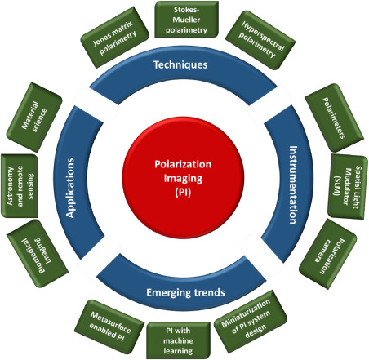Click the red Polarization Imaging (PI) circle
point(183,178)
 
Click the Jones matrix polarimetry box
point(115,38)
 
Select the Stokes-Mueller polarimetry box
point(186,20)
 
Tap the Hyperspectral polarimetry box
point(260,40)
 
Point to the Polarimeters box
point(334,118)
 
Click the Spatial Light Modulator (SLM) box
point(348,187)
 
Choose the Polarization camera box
point(328,254)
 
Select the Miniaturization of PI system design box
point(251,322)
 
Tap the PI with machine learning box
point(178,340)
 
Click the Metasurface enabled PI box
point(109,327)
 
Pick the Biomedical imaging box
point(38,254)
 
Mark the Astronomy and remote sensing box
point(20,186)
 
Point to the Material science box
point(34,118)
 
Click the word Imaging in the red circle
point(183,179)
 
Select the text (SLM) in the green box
point(337,186)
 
